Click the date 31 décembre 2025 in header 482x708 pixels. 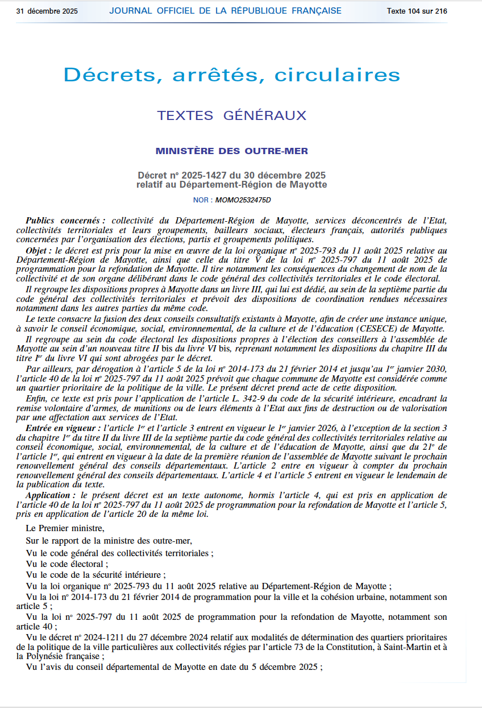[x=47, y=11]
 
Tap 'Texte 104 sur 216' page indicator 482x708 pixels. [x=417, y=11]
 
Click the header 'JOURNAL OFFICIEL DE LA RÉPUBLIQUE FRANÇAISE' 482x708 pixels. [x=225, y=11]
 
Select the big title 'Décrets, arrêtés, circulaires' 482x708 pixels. [x=232, y=74]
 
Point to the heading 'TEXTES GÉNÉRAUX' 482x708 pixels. [x=232, y=115]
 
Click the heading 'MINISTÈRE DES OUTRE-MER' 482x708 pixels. [x=232, y=151]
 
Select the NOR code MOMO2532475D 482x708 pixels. [x=243, y=200]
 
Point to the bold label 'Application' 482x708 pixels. [x=50, y=496]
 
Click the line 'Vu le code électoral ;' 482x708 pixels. [x=67, y=564]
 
